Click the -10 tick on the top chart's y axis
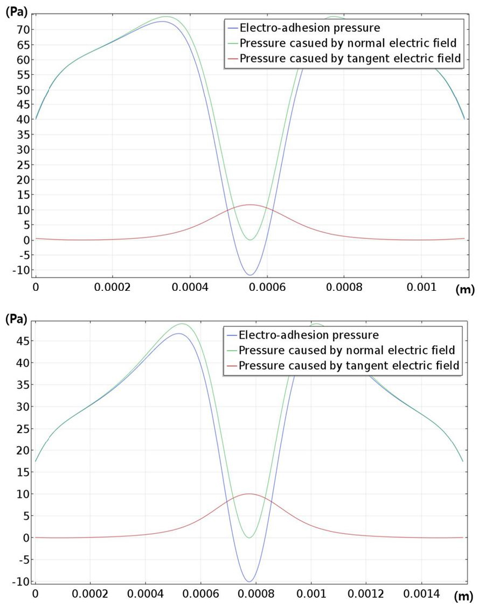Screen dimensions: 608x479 point(20,270)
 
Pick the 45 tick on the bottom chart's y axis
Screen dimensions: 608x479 point(23,340)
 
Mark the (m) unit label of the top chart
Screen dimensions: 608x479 point(465,290)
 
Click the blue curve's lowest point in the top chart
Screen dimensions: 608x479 point(250,275)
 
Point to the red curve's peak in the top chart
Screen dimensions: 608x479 point(250,205)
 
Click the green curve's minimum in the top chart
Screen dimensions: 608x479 point(250,240)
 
